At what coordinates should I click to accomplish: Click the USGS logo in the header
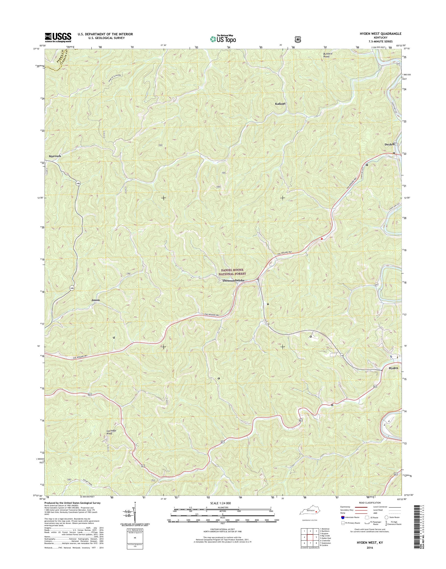click(58, 37)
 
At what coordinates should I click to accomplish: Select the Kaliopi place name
click(280, 104)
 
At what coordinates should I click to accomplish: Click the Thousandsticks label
click(233, 280)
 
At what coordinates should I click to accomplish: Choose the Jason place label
click(95, 300)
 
